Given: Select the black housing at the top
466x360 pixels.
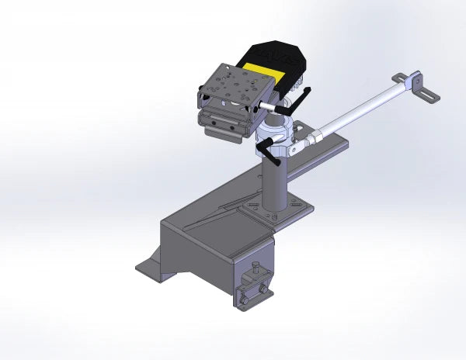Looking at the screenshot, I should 273,56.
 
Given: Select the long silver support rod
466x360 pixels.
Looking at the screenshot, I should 357,109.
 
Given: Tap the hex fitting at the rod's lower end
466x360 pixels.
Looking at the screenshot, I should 313,139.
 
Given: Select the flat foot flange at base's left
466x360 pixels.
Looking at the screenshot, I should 150,268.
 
